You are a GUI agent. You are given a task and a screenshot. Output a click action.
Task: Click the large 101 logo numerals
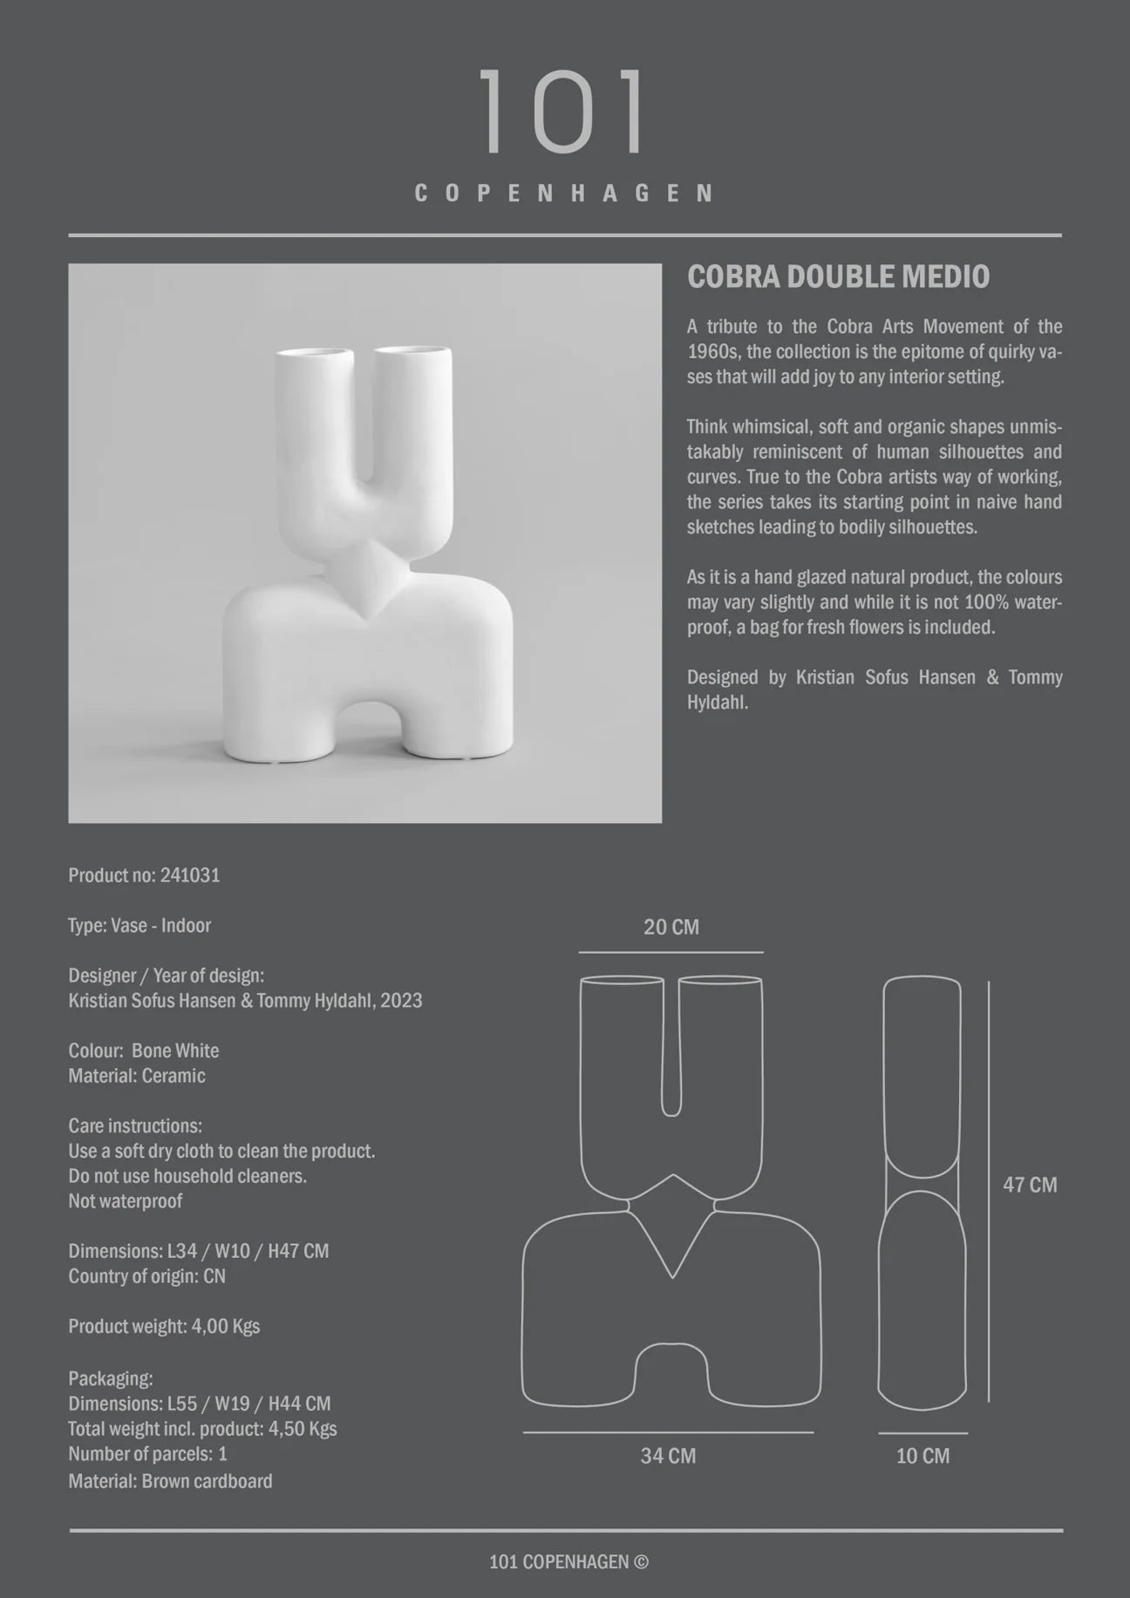[x=563, y=112]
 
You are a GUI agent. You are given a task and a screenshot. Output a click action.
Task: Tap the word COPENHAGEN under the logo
[x=564, y=194]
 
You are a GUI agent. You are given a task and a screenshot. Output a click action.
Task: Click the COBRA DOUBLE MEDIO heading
[x=838, y=277]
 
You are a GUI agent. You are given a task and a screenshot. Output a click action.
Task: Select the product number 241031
[x=190, y=875]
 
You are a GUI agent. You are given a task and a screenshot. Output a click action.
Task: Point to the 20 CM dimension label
[x=671, y=927]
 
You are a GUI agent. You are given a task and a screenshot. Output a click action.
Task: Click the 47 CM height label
[x=1030, y=1185]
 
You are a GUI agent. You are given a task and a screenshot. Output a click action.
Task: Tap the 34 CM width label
[x=668, y=1456]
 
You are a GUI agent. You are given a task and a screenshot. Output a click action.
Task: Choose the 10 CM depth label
[x=922, y=1456]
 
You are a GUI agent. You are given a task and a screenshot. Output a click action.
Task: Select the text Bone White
[x=175, y=1051]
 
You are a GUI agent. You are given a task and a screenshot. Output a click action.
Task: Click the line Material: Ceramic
[x=137, y=1076]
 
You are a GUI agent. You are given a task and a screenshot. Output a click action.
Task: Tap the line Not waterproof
[x=126, y=1201]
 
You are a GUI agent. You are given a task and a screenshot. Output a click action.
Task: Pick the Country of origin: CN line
[x=146, y=1276]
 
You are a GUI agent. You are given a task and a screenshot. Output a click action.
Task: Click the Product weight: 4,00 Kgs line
[x=164, y=1326]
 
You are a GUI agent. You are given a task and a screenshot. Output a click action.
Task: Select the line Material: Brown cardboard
[x=170, y=1480]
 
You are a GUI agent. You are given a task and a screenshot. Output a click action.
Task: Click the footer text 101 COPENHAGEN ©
[x=568, y=1561]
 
